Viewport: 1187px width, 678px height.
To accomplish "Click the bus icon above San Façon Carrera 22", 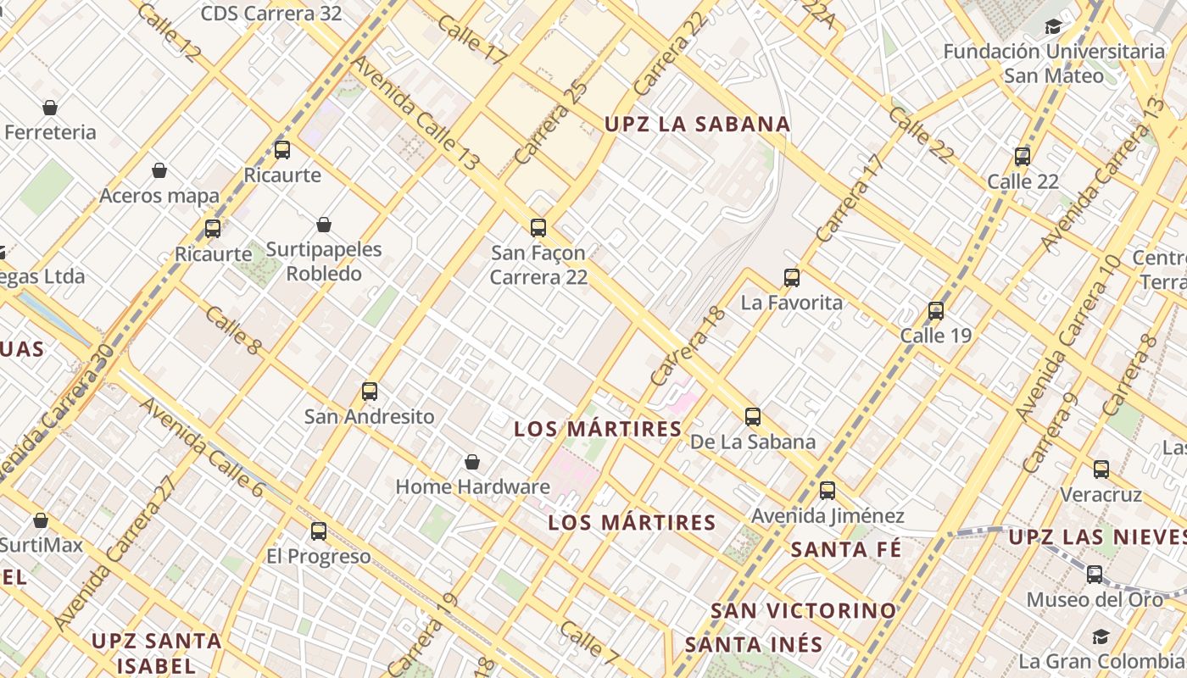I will pyautogui.click(x=538, y=227).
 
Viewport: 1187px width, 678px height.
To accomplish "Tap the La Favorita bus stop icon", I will pyautogui.click(x=792, y=277).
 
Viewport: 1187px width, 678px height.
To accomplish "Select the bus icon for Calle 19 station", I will pyautogui.click(x=936, y=310).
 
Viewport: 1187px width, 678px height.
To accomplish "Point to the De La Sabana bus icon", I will pyautogui.click(x=753, y=416).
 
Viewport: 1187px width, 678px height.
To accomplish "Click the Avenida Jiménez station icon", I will pyautogui.click(x=828, y=490).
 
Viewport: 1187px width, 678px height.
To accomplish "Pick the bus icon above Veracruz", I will pyautogui.click(x=1101, y=469).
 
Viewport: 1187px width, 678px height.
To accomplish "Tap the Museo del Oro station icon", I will pyautogui.click(x=1095, y=574).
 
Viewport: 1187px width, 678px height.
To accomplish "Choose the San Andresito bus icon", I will pyautogui.click(x=370, y=391).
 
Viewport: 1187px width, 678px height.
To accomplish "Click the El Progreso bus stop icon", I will pyautogui.click(x=319, y=531).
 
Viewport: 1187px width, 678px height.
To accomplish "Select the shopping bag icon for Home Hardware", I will pyautogui.click(x=472, y=462).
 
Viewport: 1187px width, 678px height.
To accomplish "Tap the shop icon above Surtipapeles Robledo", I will pyautogui.click(x=324, y=225).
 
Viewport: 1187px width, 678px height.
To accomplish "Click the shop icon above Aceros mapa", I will pyautogui.click(x=159, y=171).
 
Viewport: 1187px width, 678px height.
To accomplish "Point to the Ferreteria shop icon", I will pyautogui.click(x=50, y=108).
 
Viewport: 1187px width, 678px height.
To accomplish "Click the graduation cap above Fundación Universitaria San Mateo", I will pyautogui.click(x=1053, y=26).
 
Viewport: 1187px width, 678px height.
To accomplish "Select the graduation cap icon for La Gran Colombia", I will pyautogui.click(x=1101, y=636).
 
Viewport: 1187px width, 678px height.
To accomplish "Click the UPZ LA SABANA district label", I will pyautogui.click(x=697, y=124).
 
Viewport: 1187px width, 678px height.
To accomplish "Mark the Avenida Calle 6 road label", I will pyautogui.click(x=202, y=447).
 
